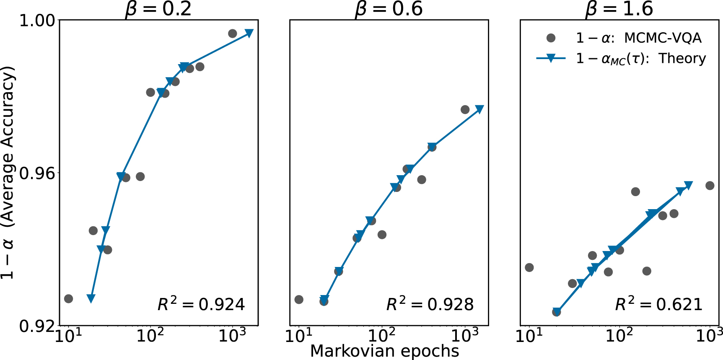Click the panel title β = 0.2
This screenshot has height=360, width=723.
[158, 9]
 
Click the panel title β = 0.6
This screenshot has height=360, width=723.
[389, 9]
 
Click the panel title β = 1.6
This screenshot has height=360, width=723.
[619, 9]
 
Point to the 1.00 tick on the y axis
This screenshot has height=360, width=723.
[37, 20]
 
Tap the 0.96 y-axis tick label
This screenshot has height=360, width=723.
[37, 173]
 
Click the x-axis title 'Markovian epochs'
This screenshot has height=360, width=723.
[384, 351]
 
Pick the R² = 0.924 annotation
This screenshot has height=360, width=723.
[201, 304]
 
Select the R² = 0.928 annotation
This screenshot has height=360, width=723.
[430, 304]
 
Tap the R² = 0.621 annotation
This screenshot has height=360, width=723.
[658, 304]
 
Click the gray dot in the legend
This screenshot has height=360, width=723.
[551, 38]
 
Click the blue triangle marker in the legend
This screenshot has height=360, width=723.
[551, 59]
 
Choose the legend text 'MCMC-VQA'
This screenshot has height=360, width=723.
[662, 38]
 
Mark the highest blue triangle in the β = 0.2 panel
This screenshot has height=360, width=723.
[249, 33]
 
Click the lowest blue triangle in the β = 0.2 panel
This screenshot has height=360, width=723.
[91, 298]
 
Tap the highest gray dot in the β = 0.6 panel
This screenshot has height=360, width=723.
[465, 109]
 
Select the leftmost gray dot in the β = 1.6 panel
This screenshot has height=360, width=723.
[529, 267]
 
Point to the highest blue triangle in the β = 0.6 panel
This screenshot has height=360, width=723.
[479, 109]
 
